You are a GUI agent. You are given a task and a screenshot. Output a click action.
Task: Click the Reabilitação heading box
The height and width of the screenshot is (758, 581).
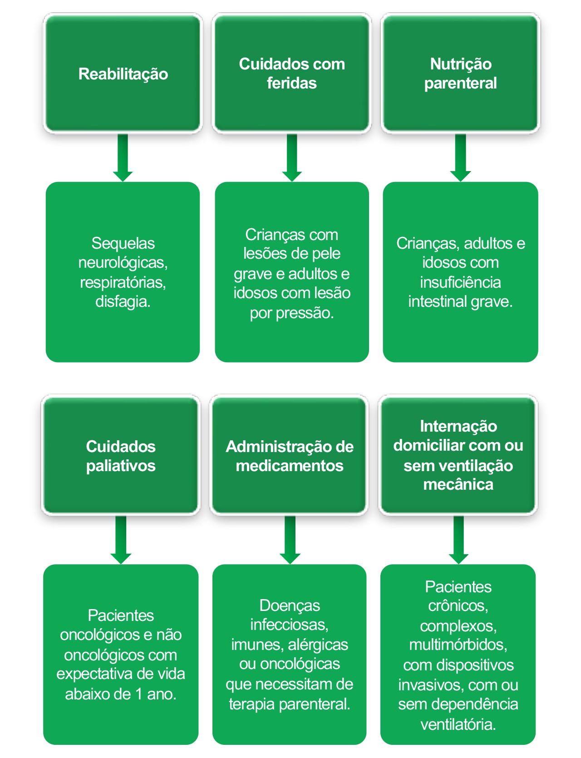click(x=123, y=74)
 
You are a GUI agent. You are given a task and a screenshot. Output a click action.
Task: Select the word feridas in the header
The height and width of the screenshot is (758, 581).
click(x=291, y=84)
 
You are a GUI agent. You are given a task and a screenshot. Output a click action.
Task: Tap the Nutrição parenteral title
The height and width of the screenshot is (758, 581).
click(x=460, y=74)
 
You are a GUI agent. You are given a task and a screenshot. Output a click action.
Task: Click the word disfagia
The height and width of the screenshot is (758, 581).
click(x=123, y=301)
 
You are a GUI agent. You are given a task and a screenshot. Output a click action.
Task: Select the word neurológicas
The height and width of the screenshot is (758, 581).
click(x=123, y=262)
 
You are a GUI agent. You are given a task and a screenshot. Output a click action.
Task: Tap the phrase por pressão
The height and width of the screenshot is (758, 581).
click(x=292, y=313)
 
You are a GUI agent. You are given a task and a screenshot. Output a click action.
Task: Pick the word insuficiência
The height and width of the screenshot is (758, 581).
click(x=460, y=282)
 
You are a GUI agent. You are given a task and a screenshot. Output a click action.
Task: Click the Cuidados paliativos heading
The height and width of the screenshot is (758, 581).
click(x=121, y=456)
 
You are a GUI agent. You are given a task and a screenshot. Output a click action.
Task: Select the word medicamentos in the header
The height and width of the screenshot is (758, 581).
click(x=290, y=466)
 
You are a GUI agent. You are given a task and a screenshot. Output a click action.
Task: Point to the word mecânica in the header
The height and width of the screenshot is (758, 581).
click(x=458, y=485)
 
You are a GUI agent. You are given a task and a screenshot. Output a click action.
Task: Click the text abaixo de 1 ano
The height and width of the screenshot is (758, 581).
click(x=121, y=694)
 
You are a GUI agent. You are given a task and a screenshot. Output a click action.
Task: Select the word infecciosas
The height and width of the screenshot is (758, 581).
click(x=290, y=625)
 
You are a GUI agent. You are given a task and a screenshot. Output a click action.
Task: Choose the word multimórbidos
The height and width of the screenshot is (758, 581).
click(x=458, y=645)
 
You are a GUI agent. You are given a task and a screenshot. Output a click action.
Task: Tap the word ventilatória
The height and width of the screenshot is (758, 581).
click(x=458, y=724)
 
